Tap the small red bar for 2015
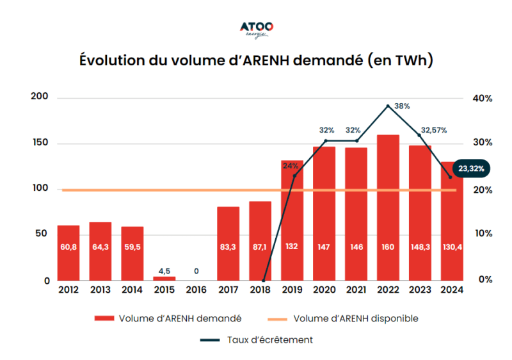click(x=164, y=279)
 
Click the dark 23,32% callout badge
click(x=471, y=169)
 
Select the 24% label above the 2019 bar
click(x=290, y=165)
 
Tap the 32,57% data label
click(x=433, y=130)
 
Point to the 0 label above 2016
click(x=196, y=271)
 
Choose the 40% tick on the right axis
click(x=483, y=99)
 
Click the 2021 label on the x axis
click(x=356, y=290)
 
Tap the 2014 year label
click(x=132, y=290)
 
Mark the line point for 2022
click(x=388, y=106)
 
